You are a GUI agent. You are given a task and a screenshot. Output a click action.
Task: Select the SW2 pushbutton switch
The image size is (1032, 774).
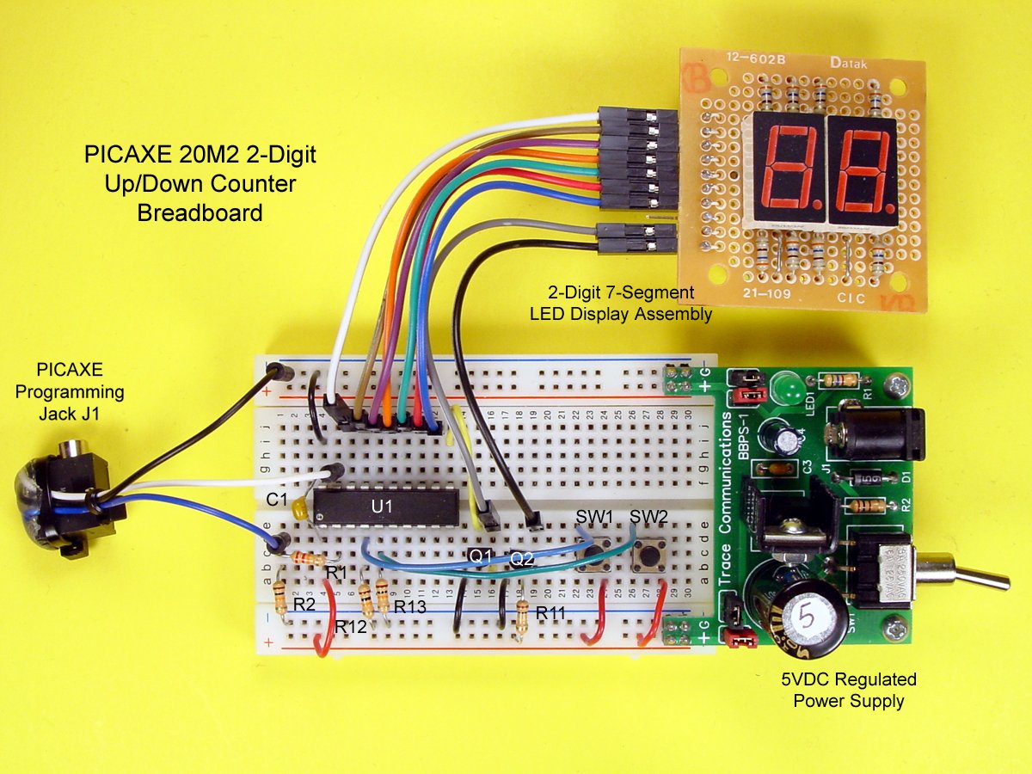pos(648,557)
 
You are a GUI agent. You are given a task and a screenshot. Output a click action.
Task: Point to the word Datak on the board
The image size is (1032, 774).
pos(850,62)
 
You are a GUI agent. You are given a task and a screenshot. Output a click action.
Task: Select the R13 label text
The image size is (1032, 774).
pos(410,606)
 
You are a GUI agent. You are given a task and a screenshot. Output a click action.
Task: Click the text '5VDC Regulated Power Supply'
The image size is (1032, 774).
pos(848,690)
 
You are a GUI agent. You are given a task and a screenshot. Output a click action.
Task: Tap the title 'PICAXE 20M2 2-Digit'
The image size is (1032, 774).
pos(200,156)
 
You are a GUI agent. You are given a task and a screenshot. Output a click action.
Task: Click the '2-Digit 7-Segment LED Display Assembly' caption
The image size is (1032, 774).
pos(621,304)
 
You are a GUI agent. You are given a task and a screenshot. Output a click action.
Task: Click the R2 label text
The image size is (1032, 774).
pos(304,605)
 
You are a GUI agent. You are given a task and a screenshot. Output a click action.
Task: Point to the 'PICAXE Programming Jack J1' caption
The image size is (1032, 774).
pos(70,391)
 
